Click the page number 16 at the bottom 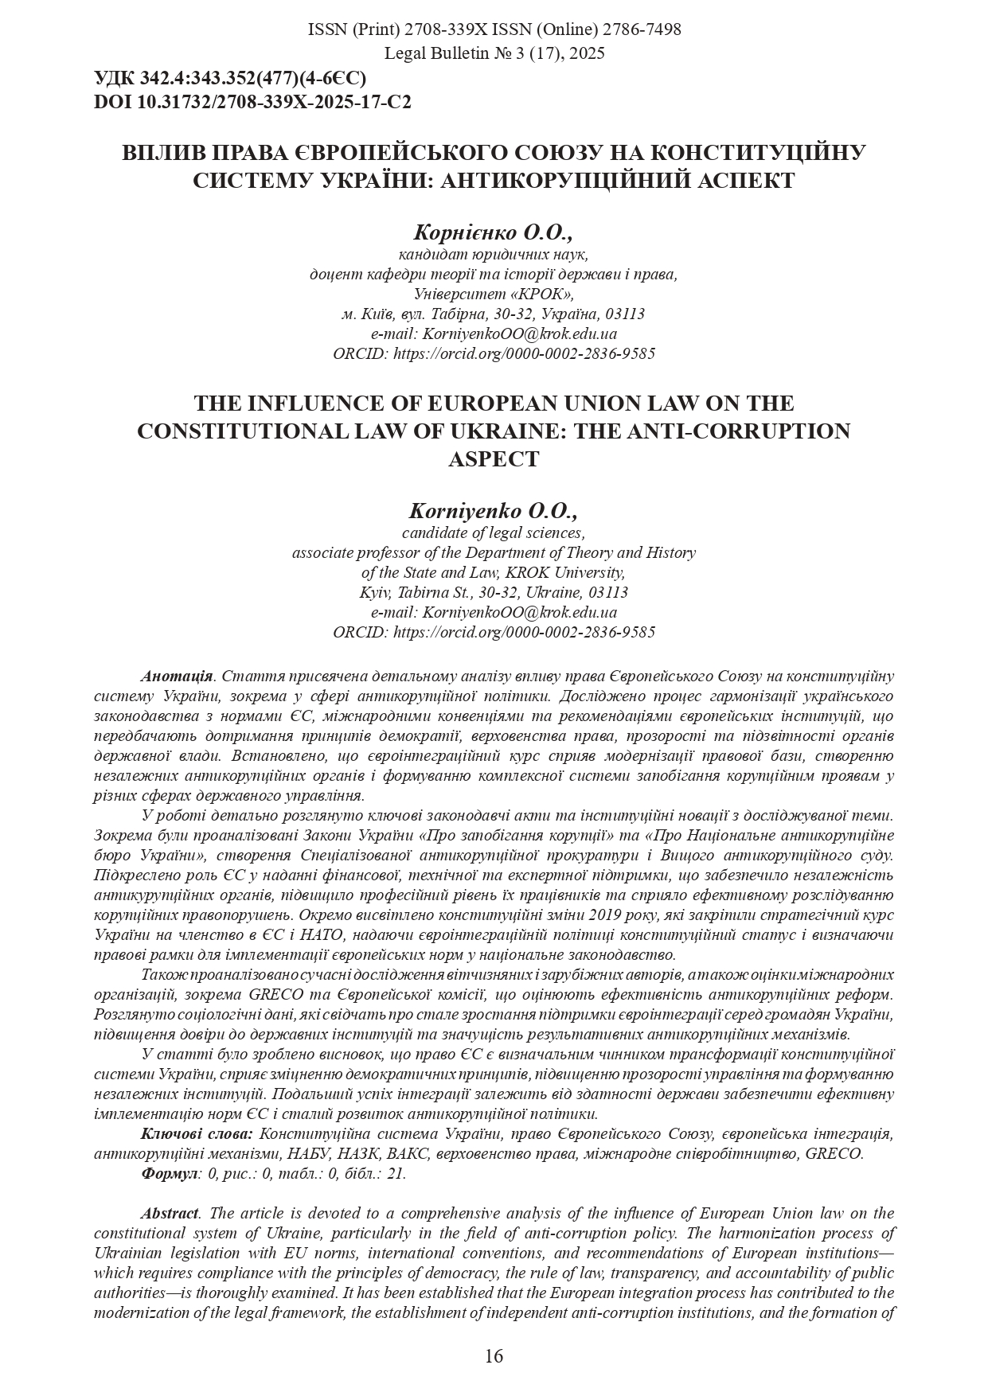point(494,1356)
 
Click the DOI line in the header point(252,102)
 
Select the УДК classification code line point(230,78)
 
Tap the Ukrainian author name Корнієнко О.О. point(493,232)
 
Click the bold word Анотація point(177,677)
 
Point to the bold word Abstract point(170,1214)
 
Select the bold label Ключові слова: point(197,1133)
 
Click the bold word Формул point(169,1173)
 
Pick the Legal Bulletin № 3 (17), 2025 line point(494,53)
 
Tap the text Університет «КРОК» point(494,294)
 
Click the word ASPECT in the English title point(494,459)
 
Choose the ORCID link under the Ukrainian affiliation point(494,353)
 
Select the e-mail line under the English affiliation point(494,612)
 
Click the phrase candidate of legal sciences point(494,532)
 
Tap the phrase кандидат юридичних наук point(494,255)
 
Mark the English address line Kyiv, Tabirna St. point(494,592)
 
